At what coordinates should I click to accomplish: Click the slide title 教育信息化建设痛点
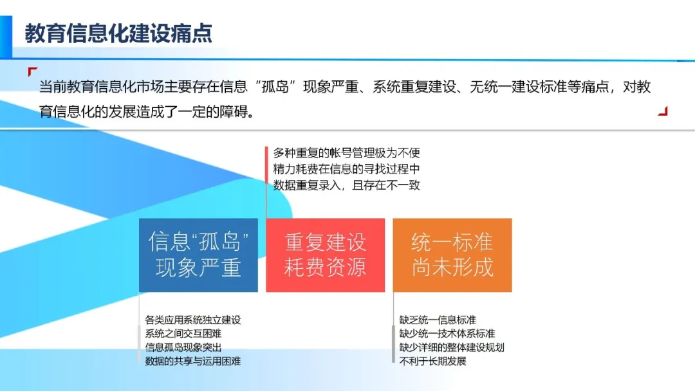(118, 33)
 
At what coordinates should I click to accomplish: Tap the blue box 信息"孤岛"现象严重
(198, 255)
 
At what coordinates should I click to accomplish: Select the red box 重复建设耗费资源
(325, 255)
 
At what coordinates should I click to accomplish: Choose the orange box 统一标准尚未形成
(452, 255)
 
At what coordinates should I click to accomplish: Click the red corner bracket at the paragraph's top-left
(32, 71)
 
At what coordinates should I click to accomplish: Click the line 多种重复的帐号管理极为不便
(346, 154)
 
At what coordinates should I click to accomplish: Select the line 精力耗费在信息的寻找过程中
(346, 170)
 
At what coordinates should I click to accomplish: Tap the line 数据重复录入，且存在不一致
(346, 186)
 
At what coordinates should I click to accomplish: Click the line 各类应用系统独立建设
(193, 320)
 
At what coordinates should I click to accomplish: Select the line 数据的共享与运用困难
(193, 361)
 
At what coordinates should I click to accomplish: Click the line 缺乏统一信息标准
(438, 320)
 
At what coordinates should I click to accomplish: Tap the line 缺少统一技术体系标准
(447, 334)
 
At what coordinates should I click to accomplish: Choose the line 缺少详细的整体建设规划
(451, 347)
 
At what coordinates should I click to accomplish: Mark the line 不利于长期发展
(432, 361)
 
